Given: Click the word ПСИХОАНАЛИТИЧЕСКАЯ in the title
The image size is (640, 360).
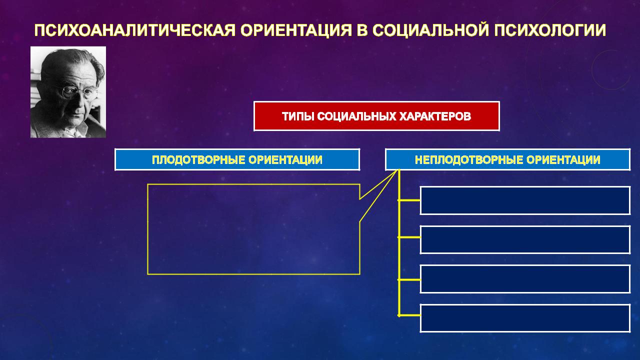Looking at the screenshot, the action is coord(134,30).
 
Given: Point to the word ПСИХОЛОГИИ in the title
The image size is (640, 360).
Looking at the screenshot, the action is coord(549,30).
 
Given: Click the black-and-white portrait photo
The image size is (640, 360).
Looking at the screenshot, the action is coord(68,92).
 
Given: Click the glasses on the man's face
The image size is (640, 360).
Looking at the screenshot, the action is coord(75,92).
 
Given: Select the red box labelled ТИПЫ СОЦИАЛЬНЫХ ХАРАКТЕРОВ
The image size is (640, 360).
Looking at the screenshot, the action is coord(376,116).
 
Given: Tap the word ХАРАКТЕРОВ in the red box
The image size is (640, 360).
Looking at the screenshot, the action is coord(434,116).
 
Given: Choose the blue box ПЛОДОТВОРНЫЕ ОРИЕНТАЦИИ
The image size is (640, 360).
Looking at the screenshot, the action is coord(237,159).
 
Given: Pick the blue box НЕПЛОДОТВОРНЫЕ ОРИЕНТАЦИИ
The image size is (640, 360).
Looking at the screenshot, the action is coord(507,159).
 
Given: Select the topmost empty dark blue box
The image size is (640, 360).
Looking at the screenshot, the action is coord(525,200).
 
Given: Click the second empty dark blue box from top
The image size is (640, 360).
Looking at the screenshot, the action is coord(525,239).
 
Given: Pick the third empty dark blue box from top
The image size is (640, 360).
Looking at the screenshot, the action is coord(525,279).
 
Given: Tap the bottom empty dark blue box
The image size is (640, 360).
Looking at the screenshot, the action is coord(525,318).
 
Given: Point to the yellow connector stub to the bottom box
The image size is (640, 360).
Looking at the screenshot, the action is coord(409,315).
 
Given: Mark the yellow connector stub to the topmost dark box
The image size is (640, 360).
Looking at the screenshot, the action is coord(409,200).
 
